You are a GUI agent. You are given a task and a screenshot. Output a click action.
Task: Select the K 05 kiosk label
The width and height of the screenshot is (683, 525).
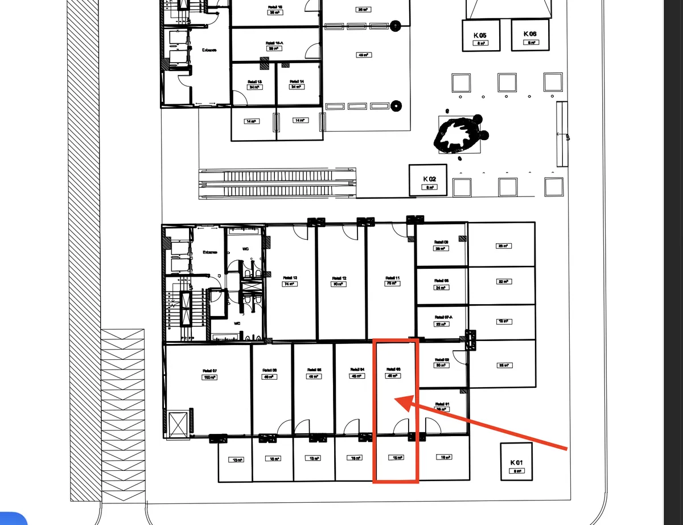480,35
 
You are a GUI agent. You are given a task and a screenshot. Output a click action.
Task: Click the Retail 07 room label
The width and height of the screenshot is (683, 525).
209,371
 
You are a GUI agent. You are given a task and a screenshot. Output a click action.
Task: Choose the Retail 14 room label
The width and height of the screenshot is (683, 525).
297,81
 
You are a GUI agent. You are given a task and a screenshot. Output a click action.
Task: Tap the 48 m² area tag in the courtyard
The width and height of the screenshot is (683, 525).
363,55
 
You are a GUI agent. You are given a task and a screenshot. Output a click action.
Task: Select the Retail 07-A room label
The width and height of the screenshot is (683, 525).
442,318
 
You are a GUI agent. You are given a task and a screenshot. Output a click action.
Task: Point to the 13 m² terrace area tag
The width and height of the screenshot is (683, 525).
235,460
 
